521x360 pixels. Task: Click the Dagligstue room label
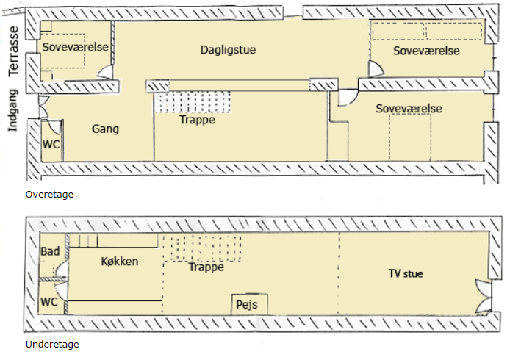pos(228,51)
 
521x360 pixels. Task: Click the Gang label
pos(106,129)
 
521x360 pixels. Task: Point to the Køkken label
pos(119,262)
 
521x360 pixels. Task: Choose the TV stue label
pos(406,274)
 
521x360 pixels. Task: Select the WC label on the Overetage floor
pos(51,144)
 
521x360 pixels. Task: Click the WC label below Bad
pos(48,302)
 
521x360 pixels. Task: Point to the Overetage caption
pos(49,195)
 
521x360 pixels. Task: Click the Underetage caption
pos(52,344)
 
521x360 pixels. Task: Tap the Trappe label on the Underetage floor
pos(206,267)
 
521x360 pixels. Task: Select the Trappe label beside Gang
pos(197,120)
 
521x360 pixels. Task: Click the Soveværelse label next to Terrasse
pos(76,48)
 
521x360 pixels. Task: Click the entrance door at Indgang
pos(43,107)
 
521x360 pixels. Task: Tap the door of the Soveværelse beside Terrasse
pos(107,72)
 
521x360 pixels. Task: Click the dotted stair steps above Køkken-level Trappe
pos(201,248)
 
